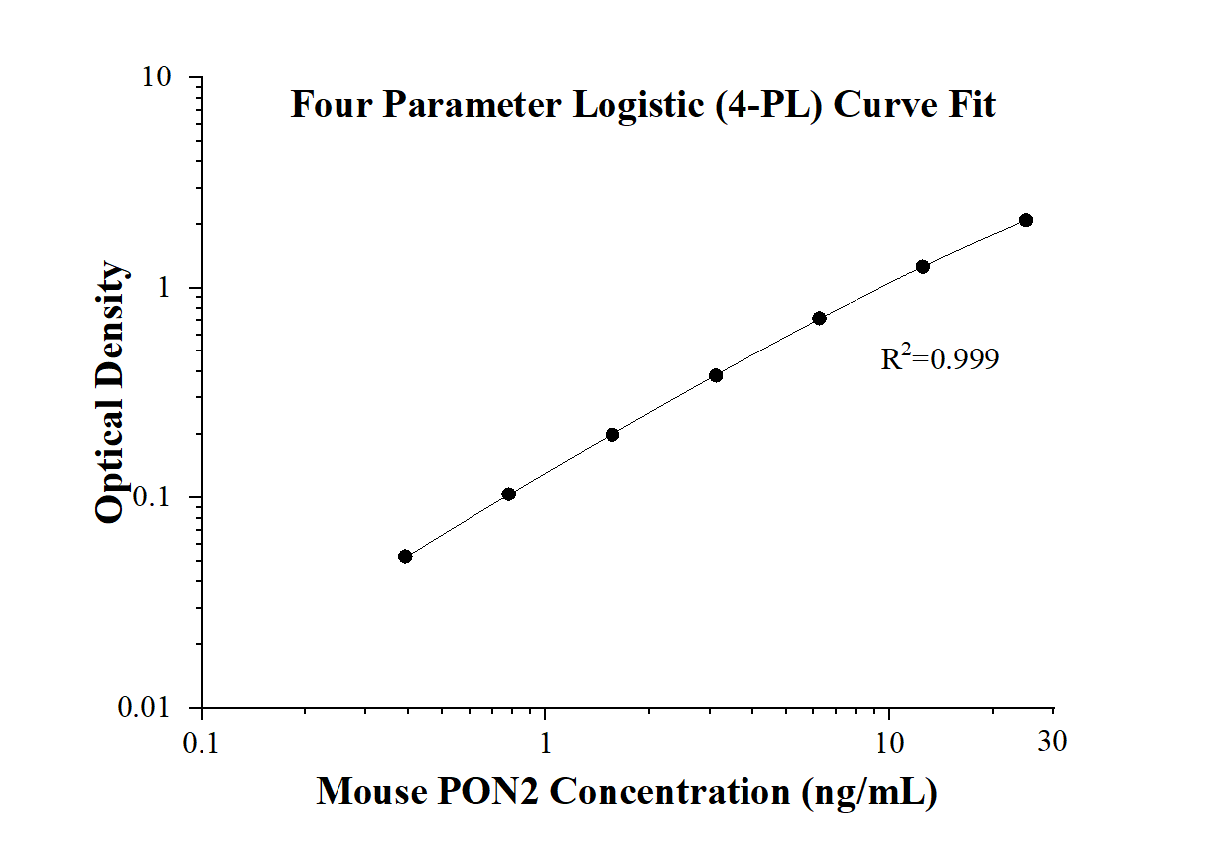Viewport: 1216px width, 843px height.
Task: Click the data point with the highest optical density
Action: pos(1026,220)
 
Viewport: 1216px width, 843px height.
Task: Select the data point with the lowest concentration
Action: pos(405,556)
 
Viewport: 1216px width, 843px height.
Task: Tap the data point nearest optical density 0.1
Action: pos(508,493)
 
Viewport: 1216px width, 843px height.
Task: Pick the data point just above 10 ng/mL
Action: pos(923,266)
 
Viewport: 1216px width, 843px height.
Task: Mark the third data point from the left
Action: pos(612,434)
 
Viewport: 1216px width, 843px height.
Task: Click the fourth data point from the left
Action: pos(716,375)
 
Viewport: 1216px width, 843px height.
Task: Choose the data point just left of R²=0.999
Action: pos(819,318)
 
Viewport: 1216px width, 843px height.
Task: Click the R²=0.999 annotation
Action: pos(939,358)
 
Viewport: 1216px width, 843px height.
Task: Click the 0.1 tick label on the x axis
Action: pos(202,741)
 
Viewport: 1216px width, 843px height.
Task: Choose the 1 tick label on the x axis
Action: pos(545,741)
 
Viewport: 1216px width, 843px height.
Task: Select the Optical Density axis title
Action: pos(111,392)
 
